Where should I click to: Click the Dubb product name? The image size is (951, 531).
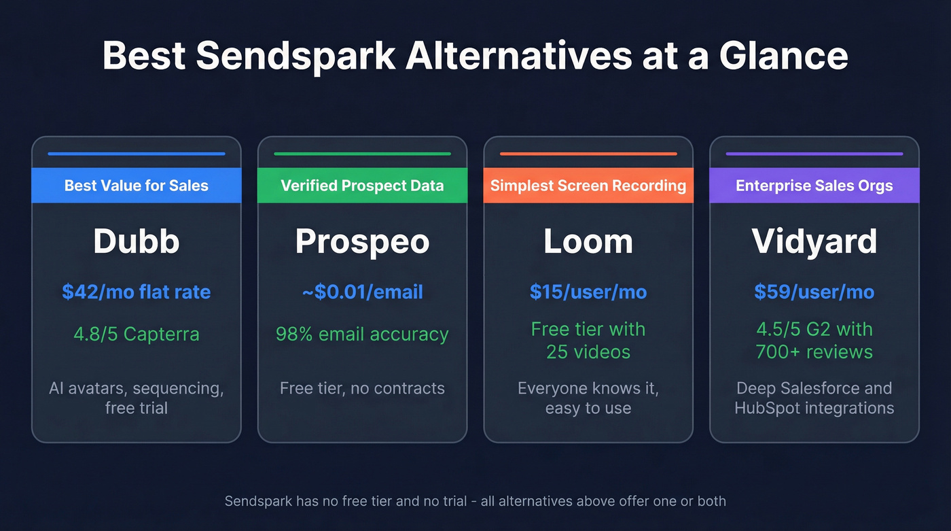click(x=137, y=241)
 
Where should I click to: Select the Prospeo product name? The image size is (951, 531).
click(x=362, y=241)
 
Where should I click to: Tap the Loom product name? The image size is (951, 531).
click(x=588, y=241)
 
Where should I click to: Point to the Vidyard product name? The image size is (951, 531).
click(x=814, y=241)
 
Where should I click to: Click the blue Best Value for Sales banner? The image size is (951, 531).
click(x=137, y=186)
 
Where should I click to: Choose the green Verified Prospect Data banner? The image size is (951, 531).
click(x=362, y=186)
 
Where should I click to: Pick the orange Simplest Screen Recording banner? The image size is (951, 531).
click(x=588, y=186)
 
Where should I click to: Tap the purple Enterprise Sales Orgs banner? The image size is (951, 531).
click(x=814, y=186)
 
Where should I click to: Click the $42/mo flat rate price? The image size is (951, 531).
click(x=137, y=292)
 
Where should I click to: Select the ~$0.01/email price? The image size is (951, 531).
click(x=362, y=292)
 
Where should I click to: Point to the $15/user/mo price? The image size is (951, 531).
click(x=588, y=292)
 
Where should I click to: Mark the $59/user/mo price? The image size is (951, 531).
click(x=814, y=292)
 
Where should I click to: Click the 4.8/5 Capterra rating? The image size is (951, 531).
click(x=137, y=335)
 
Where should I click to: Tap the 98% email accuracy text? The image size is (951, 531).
click(x=362, y=335)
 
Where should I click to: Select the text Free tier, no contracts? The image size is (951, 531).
click(x=362, y=388)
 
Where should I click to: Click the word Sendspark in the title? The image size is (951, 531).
click(x=295, y=56)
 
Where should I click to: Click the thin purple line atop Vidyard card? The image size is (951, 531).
click(x=814, y=154)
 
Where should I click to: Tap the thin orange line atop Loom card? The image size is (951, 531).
click(x=588, y=154)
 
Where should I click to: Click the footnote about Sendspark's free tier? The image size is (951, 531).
click(x=475, y=501)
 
